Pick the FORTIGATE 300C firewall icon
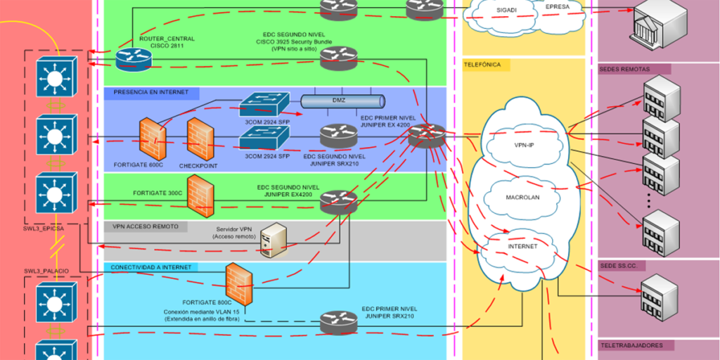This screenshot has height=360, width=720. point(200,192)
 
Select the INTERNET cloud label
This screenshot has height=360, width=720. point(522,247)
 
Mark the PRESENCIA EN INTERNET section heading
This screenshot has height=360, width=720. point(151,92)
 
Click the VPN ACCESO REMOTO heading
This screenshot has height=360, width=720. point(146,226)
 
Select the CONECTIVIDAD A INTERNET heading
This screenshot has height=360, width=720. point(150,267)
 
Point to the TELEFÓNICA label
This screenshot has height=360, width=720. point(482,64)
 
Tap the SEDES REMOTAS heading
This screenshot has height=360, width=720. point(625,69)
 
